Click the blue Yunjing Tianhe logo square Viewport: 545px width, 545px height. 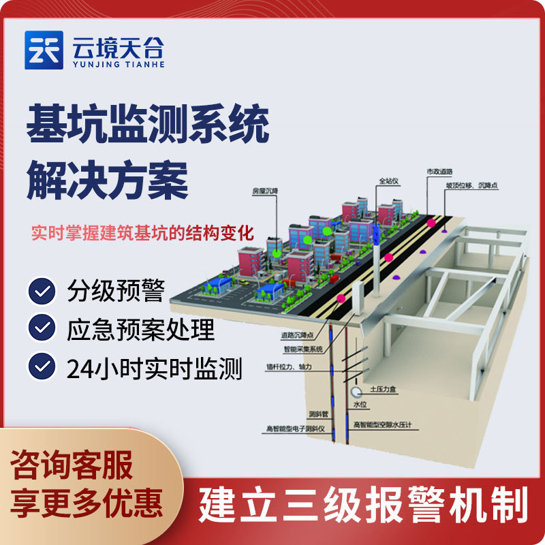click(44, 50)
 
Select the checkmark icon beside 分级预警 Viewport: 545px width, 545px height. click(43, 291)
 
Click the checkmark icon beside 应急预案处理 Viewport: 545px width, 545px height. click(43, 329)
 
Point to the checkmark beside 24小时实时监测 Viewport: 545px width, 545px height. click(43, 367)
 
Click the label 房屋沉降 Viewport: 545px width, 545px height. click(263, 193)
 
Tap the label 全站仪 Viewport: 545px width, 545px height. click(388, 182)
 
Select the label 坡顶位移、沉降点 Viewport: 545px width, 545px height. click(472, 185)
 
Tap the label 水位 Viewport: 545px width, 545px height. click(360, 405)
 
